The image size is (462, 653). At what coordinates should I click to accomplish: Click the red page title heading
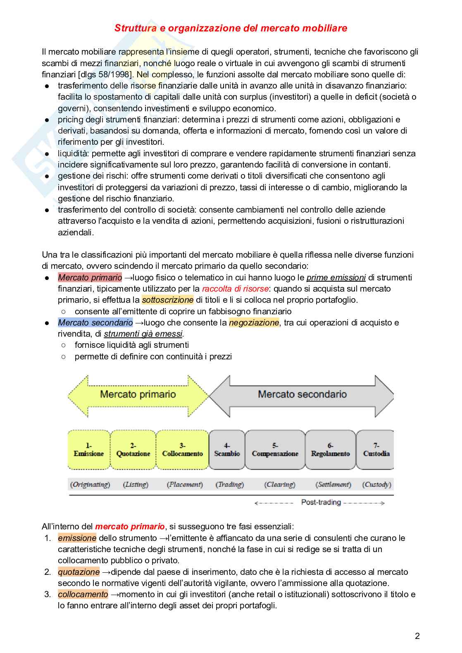pyautogui.click(x=231, y=28)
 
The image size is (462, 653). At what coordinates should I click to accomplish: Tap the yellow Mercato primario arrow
pyautogui.click(x=138, y=395)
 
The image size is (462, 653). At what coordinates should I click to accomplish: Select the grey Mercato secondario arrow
pyautogui.click(x=302, y=395)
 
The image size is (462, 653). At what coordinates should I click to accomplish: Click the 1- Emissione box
pyautogui.click(x=89, y=450)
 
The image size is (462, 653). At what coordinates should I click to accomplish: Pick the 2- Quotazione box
pyautogui.click(x=133, y=450)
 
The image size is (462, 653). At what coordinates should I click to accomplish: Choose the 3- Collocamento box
pyautogui.click(x=182, y=450)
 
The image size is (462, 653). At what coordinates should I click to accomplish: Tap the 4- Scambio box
pyautogui.click(x=227, y=450)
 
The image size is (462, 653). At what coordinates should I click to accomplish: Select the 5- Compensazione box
pyautogui.click(x=275, y=450)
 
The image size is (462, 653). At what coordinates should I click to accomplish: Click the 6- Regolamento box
pyautogui.click(x=330, y=450)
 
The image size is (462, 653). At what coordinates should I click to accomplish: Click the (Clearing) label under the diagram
pyautogui.click(x=280, y=484)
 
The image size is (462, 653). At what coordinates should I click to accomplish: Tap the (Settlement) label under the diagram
pyautogui.click(x=333, y=484)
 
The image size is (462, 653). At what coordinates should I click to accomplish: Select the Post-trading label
pyautogui.click(x=321, y=502)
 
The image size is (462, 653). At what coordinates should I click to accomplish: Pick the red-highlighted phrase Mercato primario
pyautogui.click(x=90, y=277)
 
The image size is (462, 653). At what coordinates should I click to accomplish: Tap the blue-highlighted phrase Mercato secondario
pyautogui.click(x=95, y=323)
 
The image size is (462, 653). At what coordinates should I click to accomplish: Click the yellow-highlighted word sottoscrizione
pyautogui.click(x=167, y=300)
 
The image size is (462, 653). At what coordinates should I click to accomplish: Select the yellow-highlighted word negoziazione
pyautogui.click(x=254, y=323)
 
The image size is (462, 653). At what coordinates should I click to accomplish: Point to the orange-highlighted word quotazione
pyautogui.click(x=79, y=572)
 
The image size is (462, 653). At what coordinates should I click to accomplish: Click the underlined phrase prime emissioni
pyautogui.click(x=336, y=277)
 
